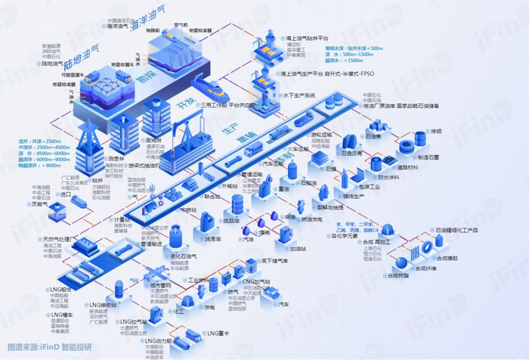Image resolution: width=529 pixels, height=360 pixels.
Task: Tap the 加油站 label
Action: click(x=296, y=248)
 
